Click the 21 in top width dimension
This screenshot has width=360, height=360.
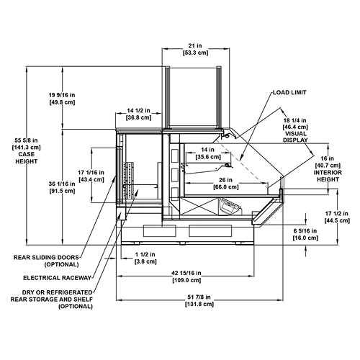tap(195, 45)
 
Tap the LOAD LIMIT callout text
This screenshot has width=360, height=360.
tap(289, 92)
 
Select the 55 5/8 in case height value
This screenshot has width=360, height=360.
tap(27, 140)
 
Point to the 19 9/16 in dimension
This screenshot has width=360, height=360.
tap(62, 95)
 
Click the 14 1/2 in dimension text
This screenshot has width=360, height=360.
tap(138, 110)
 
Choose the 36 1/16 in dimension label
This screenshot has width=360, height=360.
tap(62, 184)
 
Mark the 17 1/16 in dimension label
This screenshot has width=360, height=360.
tap(91, 172)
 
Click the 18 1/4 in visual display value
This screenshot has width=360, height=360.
tap(295, 120)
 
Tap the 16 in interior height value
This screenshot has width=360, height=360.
tap(328, 158)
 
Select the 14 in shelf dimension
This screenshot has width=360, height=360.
tap(207, 150)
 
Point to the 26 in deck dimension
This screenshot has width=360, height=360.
tap(226, 180)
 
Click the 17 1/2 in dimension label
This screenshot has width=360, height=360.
tap(337, 213)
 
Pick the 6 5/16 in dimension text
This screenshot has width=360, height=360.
tap(305, 231)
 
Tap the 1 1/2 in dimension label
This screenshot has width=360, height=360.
tap(145, 254)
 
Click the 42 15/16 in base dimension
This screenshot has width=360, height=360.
tap(186, 273)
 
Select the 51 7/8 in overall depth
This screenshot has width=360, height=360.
tap(199, 297)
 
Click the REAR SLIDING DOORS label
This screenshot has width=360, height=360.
tap(46, 258)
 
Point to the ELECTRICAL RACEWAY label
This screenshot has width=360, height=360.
tap(58, 278)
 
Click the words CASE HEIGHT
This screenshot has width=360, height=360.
tap(27, 158)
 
